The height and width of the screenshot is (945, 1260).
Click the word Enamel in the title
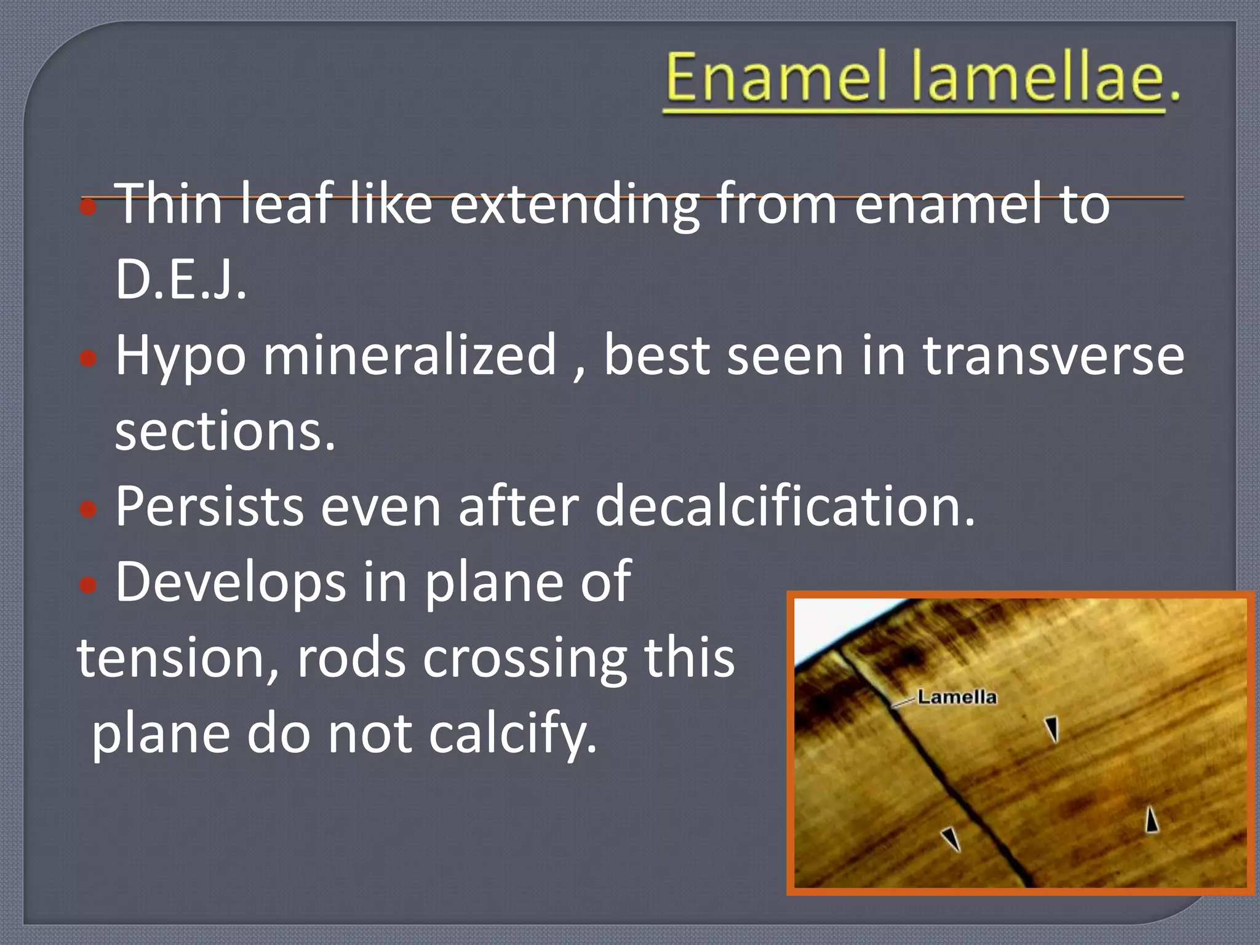(x=777, y=78)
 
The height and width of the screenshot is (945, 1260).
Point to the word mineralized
(x=410, y=356)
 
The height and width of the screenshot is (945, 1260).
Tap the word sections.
(x=225, y=431)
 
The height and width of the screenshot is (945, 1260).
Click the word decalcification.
(x=785, y=507)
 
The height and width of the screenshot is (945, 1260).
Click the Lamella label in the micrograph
(x=957, y=697)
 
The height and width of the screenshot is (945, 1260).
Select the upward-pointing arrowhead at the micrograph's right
(x=1151, y=820)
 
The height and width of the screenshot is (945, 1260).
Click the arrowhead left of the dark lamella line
(x=951, y=839)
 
